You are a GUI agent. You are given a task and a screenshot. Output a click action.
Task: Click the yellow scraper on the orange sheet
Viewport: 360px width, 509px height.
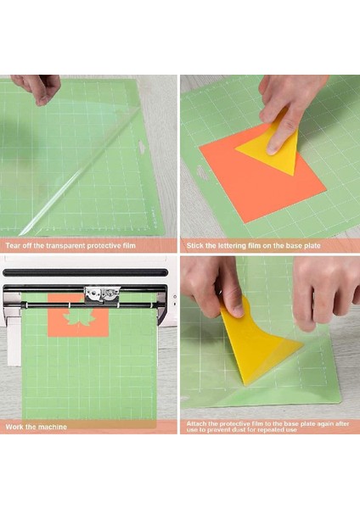270,144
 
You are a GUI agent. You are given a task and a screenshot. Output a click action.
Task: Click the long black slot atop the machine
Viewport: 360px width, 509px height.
85,274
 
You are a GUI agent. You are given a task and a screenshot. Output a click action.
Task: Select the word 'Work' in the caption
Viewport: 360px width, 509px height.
14,426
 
